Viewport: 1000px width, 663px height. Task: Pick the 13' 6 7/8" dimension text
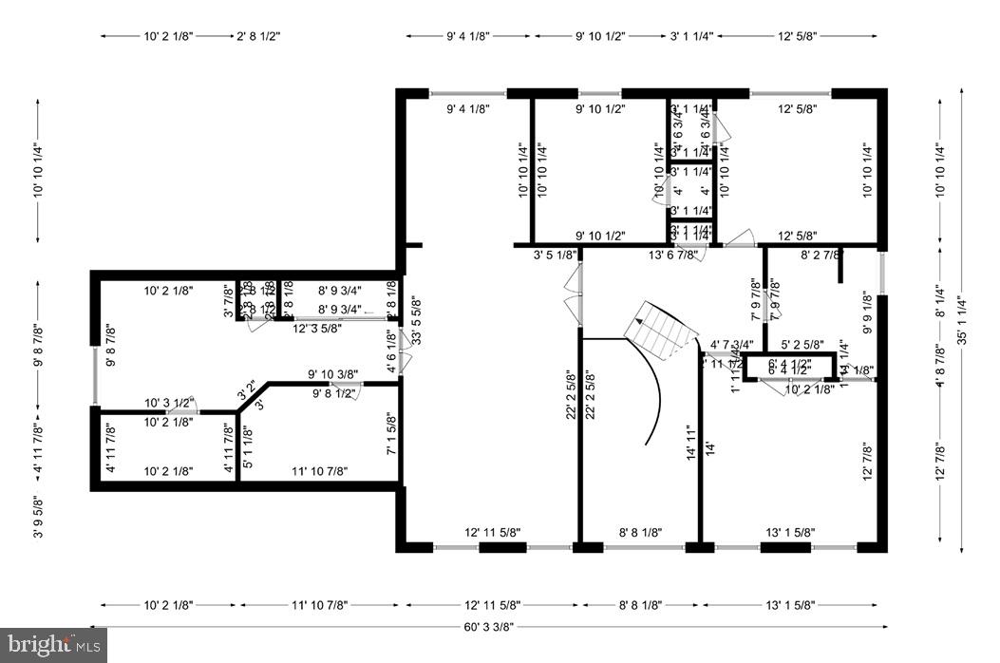(673, 255)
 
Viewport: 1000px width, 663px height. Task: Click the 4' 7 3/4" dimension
(732, 345)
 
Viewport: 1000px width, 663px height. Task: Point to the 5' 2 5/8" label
(802, 345)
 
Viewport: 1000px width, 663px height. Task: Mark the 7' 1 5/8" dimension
(391, 433)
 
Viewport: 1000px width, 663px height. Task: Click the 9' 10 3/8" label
(332, 374)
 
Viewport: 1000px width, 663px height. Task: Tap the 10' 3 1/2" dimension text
(169, 403)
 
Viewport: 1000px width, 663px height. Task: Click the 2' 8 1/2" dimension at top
(257, 36)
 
